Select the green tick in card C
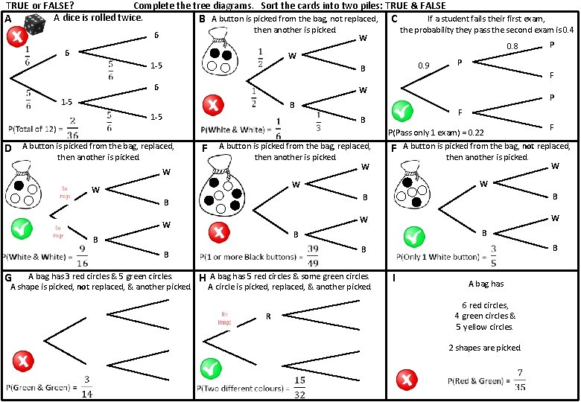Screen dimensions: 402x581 pos(403,111)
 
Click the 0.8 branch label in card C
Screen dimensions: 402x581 pos(512,46)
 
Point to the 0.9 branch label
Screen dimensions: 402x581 pos(424,66)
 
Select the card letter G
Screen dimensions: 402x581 pos(8,278)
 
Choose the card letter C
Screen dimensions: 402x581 pos(394,19)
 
